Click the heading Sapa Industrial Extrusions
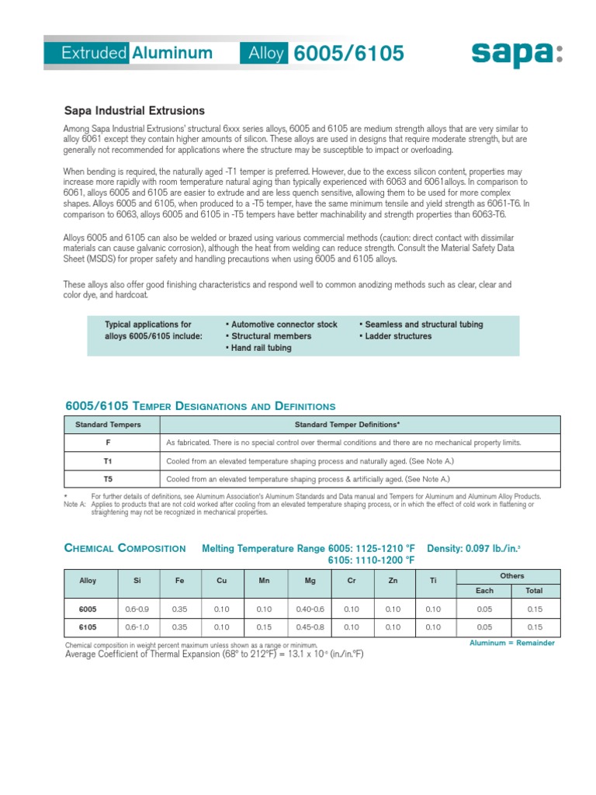click(133, 111)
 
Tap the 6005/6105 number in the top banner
click(349, 53)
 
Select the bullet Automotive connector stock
click(282, 325)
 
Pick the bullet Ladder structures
click(395, 336)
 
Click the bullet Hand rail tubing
click(258, 349)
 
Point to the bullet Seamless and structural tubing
click(421, 325)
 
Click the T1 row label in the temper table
click(109, 460)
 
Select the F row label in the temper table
click(109, 443)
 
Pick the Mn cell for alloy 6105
click(265, 627)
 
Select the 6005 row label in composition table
click(88, 609)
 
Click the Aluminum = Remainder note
click(512, 644)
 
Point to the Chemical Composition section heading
click(124, 548)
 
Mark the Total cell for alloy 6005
click(534, 609)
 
